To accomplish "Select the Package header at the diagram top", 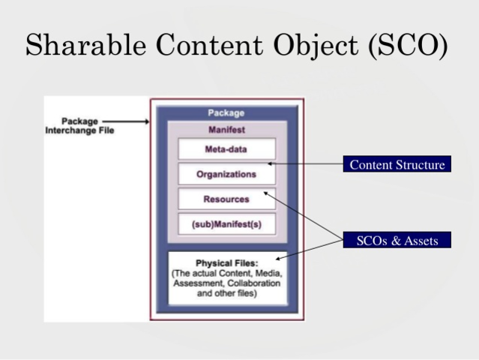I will [226, 113].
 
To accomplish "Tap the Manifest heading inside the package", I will [226, 130].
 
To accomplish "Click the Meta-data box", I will [226, 149].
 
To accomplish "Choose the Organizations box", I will [226, 174].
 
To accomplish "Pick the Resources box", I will [226, 199].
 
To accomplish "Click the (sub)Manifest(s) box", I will [226, 224].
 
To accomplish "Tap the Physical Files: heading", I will [226, 264].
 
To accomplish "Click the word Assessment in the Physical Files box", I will [199, 284].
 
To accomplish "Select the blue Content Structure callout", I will [397, 165].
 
